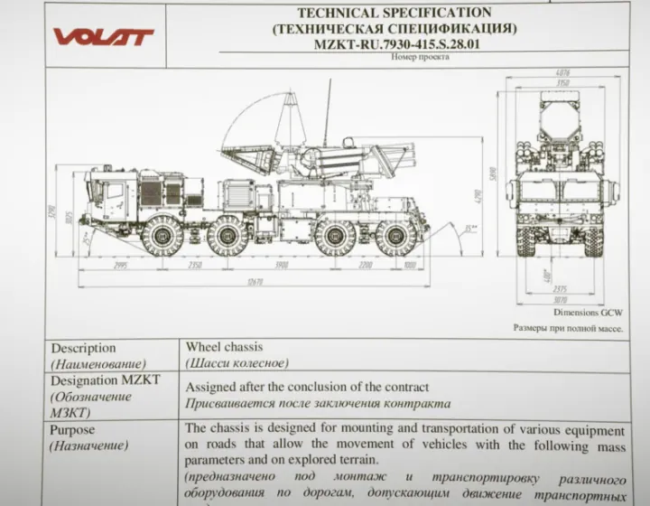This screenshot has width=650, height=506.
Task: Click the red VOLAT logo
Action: [x=103, y=36]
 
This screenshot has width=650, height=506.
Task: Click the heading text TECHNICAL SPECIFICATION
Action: [x=395, y=13]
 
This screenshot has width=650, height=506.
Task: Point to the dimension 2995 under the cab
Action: [x=114, y=266]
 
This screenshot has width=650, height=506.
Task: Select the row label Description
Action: [x=83, y=348]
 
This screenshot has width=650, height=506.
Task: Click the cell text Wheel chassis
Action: [x=226, y=347]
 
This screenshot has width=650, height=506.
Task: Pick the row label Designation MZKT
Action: [x=105, y=380]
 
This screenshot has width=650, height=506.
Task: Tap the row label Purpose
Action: [x=72, y=430]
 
